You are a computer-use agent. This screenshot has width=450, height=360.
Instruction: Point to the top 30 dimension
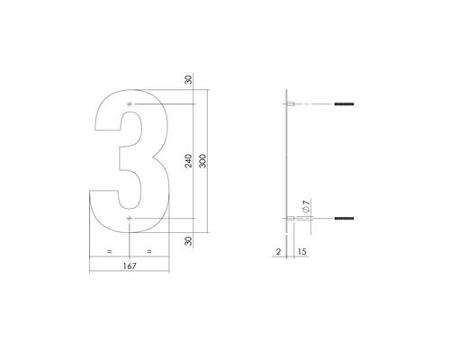click(188, 80)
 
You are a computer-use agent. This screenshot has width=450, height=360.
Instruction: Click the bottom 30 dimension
click(188, 240)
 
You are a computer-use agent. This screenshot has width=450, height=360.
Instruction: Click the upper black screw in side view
click(344, 106)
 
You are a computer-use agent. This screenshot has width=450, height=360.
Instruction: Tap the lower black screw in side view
click(344, 218)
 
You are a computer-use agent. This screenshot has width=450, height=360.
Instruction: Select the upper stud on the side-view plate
click(292, 106)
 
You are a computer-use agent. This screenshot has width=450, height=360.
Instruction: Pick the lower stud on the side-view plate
click(292, 218)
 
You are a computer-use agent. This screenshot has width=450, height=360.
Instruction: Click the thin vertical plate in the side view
click(286, 162)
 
